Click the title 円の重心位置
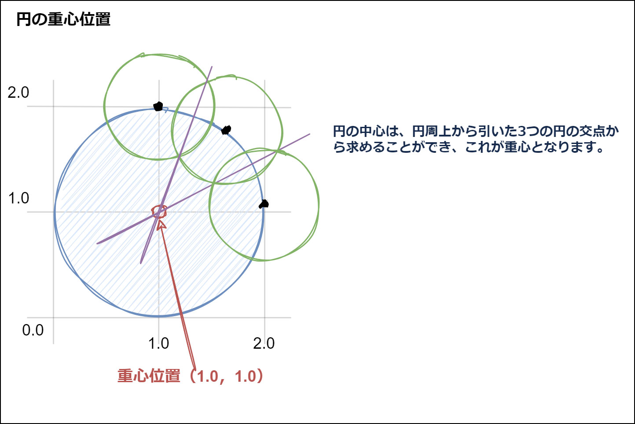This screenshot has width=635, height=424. (63, 19)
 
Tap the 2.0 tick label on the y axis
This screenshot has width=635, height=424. (18, 92)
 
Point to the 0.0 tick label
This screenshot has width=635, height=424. (33, 330)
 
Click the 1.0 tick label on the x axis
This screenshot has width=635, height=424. (158, 343)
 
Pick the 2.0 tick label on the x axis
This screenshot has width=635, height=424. (264, 343)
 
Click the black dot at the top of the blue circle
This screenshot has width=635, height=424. (158, 107)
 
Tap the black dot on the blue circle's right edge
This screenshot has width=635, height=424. (264, 204)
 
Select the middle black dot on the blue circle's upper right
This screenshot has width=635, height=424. (226, 130)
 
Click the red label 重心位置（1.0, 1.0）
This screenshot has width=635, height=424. (191, 376)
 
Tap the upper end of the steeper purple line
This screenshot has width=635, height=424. (212, 66)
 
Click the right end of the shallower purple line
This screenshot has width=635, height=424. (309, 134)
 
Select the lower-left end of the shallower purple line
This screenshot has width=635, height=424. (97, 243)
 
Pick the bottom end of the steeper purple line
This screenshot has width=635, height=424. (141, 263)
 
